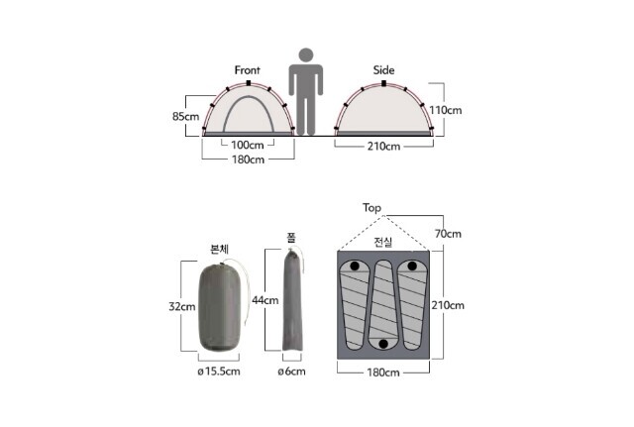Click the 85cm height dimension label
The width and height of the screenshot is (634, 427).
pyautogui.click(x=185, y=117)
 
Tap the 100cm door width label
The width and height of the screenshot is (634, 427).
pyautogui.click(x=247, y=145)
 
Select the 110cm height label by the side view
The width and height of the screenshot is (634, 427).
pyautogui.click(x=445, y=110)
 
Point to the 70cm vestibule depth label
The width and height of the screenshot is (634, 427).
pyautogui.click(x=448, y=234)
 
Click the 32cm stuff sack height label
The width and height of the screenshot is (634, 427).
pyautogui.click(x=182, y=306)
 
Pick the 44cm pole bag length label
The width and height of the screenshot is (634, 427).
pyautogui.click(x=265, y=300)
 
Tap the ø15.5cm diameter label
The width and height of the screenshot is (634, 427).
pyautogui.click(x=219, y=372)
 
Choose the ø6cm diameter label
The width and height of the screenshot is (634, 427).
pyautogui.click(x=291, y=372)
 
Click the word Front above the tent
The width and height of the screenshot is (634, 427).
pyautogui.click(x=247, y=70)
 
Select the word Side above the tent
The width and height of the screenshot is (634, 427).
pyautogui.click(x=383, y=70)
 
